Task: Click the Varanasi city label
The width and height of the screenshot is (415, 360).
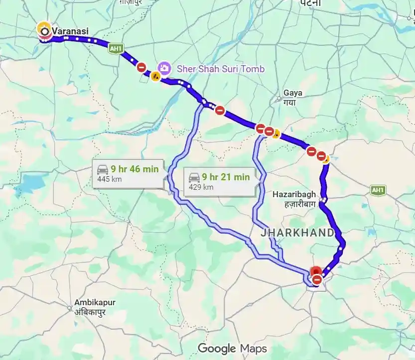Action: pos(71,31)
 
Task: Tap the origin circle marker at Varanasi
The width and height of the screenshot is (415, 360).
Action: pos(45,31)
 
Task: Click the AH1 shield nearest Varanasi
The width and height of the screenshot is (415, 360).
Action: pos(116,48)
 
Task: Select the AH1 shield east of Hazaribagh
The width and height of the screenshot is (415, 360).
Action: pos(378,190)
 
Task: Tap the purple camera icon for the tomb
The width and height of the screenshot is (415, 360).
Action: pos(163,68)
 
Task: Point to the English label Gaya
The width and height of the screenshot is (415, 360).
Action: pos(292,93)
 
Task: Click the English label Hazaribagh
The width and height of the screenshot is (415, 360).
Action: pos(295,194)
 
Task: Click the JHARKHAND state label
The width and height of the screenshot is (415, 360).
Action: pos(297,233)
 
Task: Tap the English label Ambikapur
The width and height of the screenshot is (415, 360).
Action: pos(93,302)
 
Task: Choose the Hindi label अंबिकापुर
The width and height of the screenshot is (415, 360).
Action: pos(93,312)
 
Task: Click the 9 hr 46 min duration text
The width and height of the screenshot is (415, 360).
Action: pos(135,169)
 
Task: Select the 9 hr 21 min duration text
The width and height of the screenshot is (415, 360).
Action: pos(226,177)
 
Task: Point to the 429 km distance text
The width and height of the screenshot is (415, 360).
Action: pos(201,187)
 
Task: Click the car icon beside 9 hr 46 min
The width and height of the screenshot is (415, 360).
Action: pos(103,169)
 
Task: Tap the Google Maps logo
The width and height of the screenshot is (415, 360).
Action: pos(232,348)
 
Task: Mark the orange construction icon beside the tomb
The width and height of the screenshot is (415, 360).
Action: pos(155,77)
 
